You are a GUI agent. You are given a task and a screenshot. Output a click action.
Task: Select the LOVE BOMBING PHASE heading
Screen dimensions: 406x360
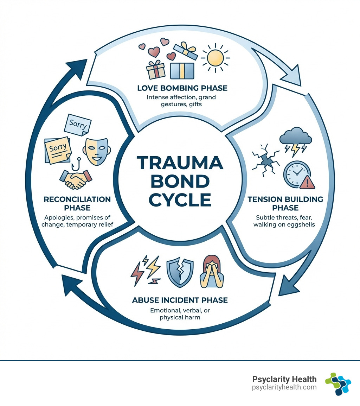click(182, 88)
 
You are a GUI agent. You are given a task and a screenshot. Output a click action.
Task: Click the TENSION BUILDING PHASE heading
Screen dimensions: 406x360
click(280, 203)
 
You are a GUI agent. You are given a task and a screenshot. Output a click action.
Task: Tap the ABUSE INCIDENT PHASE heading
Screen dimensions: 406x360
click(180, 300)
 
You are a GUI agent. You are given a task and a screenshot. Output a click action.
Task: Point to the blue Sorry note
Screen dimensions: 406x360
click(78, 125)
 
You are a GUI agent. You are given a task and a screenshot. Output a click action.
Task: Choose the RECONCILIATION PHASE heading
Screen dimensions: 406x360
click(77, 203)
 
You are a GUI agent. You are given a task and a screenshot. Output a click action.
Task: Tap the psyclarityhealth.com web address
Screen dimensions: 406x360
click(284, 387)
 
